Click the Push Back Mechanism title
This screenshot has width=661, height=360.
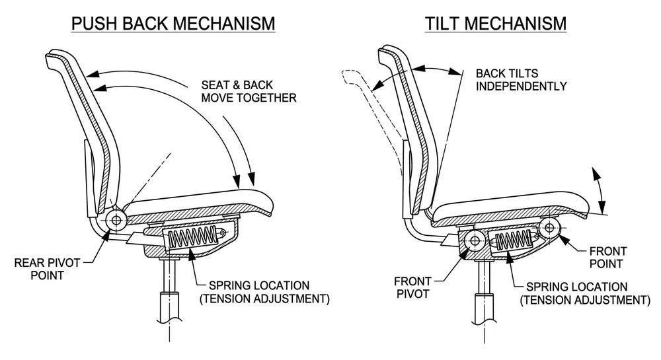[173, 24]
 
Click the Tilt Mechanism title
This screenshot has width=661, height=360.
[495, 24]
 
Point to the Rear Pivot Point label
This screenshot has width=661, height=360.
[48, 269]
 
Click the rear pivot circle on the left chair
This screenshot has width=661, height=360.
[118, 220]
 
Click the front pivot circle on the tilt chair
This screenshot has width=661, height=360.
[473, 241]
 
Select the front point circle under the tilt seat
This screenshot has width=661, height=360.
[550, 229]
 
